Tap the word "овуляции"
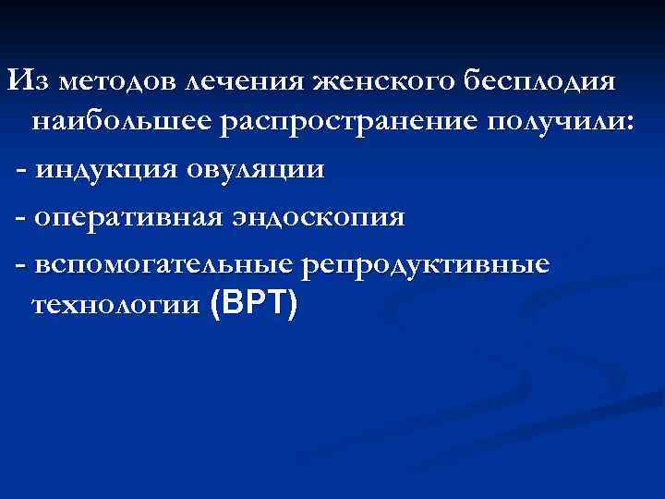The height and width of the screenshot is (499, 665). [257, 170]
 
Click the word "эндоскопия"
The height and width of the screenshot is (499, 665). [319, 216]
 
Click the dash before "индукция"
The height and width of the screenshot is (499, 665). [20, 172]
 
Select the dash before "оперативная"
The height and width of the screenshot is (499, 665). [20, 218]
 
